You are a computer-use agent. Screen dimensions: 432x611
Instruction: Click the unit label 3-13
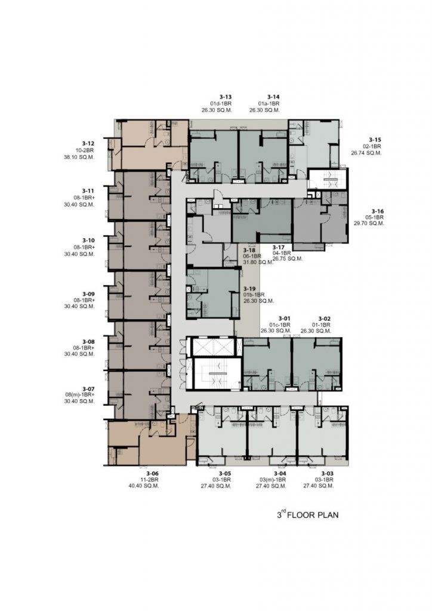pos(226,97)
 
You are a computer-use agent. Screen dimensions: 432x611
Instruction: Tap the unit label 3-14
pos(273,97)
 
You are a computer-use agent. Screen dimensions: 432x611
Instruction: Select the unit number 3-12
pos(88,143)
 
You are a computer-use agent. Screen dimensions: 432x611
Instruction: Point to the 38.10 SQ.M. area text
pos(79,157)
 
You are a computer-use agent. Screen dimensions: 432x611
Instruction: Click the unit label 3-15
pos(375,140)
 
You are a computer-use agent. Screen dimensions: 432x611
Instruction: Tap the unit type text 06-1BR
pos(252,256)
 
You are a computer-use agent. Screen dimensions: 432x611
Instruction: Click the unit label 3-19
pos(249,289)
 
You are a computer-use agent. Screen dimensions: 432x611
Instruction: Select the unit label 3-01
pos(285,319)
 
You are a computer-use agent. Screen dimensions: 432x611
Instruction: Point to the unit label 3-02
pos(325,319)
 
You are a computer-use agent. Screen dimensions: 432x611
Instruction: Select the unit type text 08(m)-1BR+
pos(80,395)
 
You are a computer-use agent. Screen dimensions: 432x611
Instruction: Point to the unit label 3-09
pos(88,294)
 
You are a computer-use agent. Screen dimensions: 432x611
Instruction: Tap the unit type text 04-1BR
pos(282,253)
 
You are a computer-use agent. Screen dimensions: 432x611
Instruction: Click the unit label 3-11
pos(88,190)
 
